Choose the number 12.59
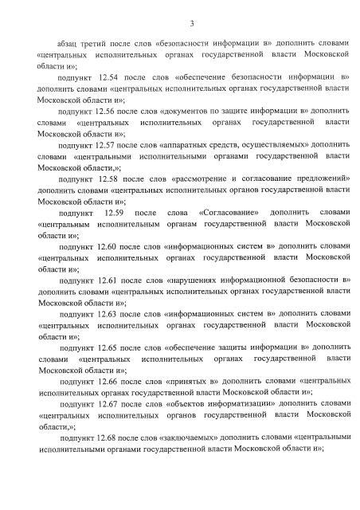114,214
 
